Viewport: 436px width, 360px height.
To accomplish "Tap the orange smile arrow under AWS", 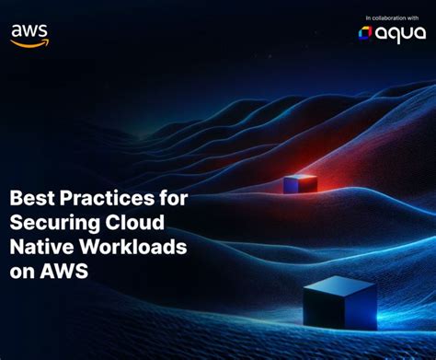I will pyautogui.click(x=30, y=41).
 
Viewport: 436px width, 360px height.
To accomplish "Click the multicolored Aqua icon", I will pyautogui.click(x=365, y=33).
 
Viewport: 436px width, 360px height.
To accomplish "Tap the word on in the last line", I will pyautogui.click(x=22, y=273).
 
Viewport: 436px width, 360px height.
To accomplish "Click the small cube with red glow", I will pyautogui.click(x=300, y=183).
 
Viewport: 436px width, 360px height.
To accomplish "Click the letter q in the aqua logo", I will pyautogui.click(x=395, y=35).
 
